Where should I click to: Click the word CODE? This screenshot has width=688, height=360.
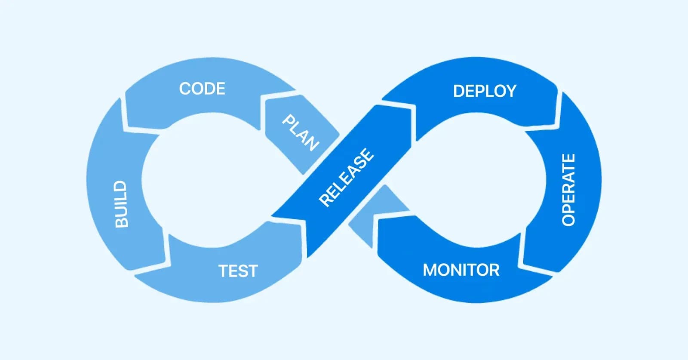tap(202, 89)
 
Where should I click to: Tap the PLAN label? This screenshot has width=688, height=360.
tap(301, 133)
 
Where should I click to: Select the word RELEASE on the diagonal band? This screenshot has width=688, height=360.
tap(347, 177)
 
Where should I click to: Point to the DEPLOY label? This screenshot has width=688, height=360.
tap(485, 91)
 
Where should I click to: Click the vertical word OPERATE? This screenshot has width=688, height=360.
tap(568, 190)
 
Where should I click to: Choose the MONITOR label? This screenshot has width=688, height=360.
tap(461, 270)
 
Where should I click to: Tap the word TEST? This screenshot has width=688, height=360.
tap(238, 271)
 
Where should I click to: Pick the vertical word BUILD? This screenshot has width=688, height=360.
tap(121, 204)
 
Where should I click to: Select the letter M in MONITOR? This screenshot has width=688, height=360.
tap(430, 270)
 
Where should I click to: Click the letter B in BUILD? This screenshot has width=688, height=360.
tap(121, 222)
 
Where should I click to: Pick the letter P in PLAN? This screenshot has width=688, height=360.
tap(288, 120)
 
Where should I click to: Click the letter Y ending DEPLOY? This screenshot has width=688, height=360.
tap(510, 91)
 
